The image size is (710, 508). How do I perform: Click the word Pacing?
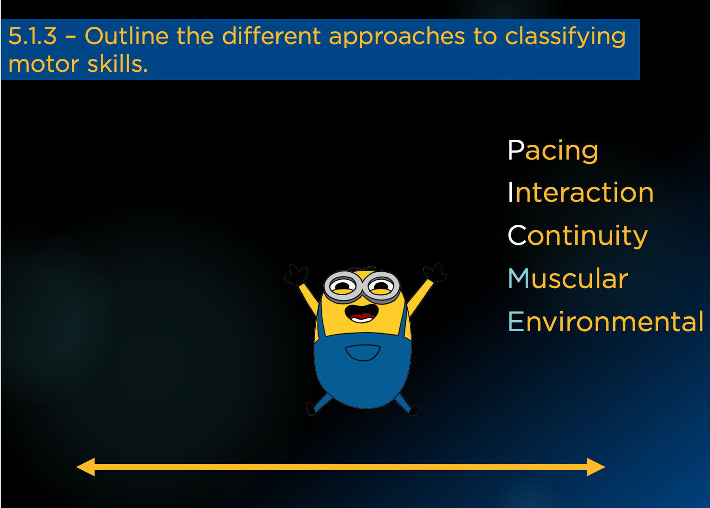[x=553, y=151]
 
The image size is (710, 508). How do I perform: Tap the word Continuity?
[x=578, y=236]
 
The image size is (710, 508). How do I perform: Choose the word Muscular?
[x=568, y=278]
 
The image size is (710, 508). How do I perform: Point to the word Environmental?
[x=606, y=322]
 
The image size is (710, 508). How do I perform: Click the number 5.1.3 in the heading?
[x=32, y=36]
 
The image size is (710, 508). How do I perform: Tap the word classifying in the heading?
[x=566, y=37]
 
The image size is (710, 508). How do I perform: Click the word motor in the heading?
[x=44, y=64]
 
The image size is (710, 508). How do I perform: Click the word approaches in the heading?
[x=397, y=37]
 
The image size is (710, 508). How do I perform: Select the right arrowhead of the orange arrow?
[x=596, y=467]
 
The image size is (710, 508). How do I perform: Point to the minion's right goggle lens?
[x=381, y=286]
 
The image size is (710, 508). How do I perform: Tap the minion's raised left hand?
[x=296, y=275]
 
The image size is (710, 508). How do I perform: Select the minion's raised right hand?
[x=435, y=272]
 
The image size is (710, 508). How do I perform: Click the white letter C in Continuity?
[x=517, y=235]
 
